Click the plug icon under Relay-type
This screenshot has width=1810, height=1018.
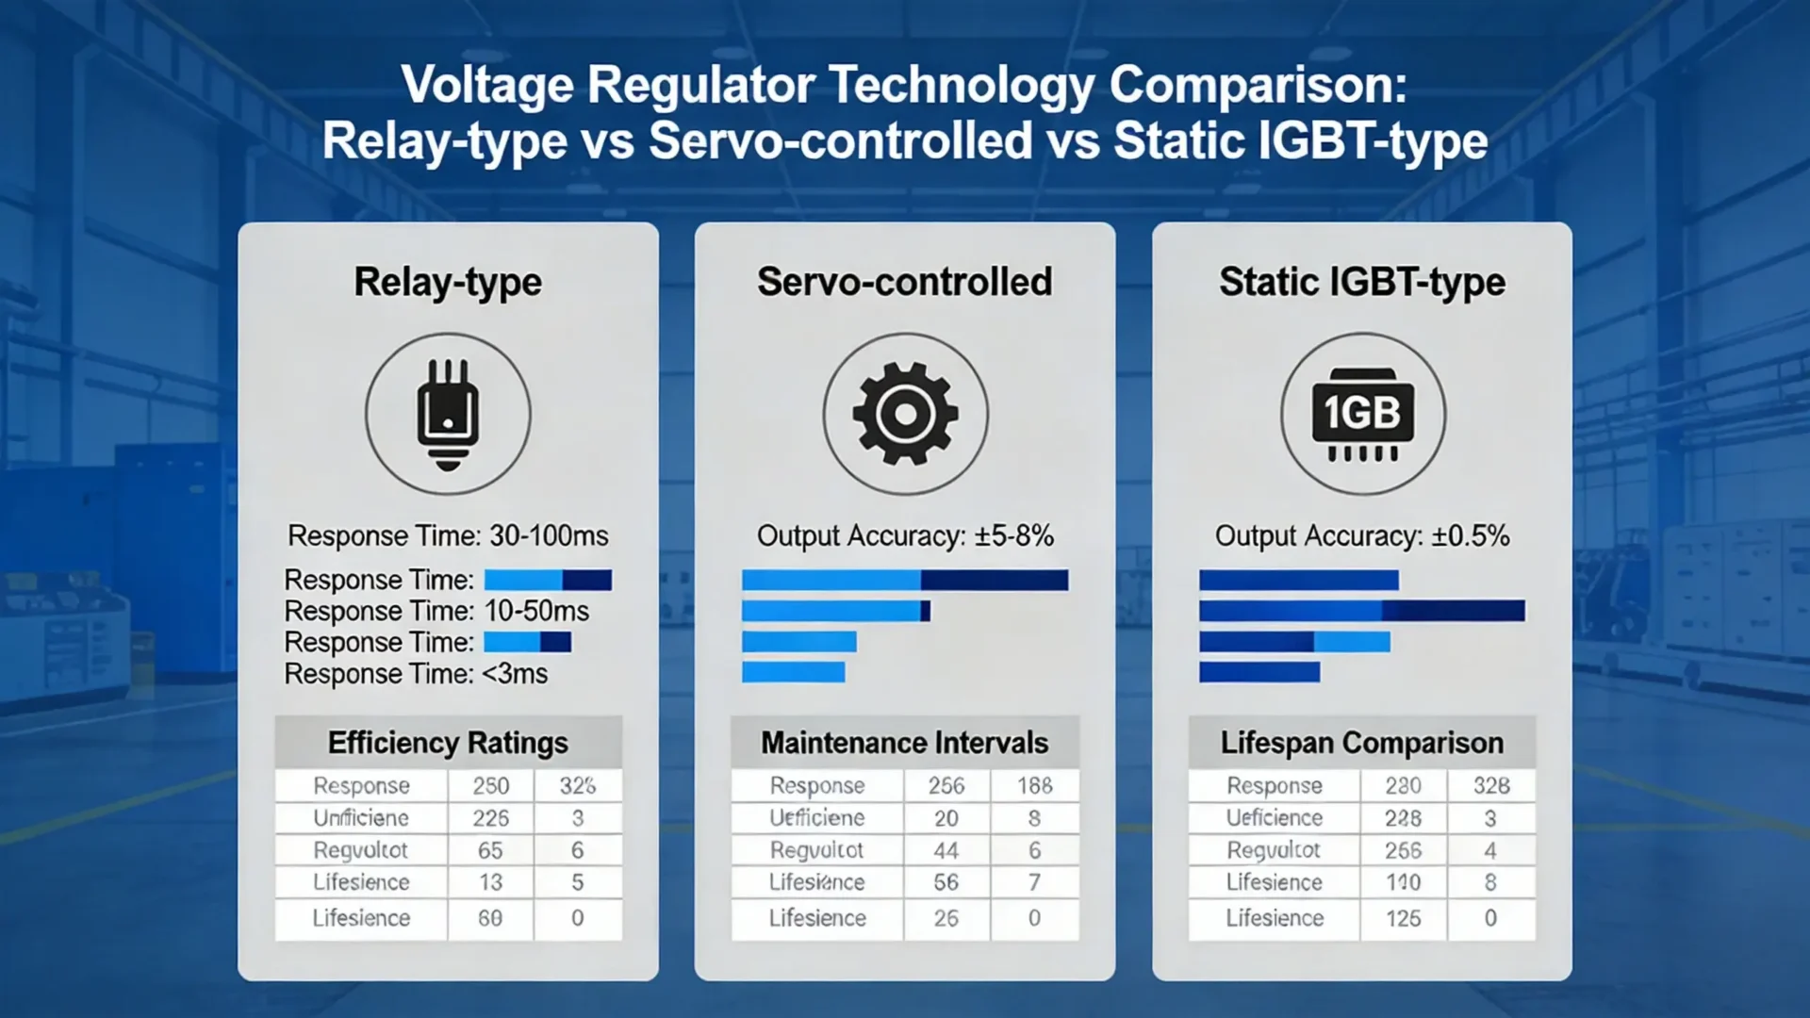click(x=448, y=415)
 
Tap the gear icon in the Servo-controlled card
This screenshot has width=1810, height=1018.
click(x=905, y=415)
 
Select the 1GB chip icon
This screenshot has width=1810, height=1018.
click(x=1362, y=415)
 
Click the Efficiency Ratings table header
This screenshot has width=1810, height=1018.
click(x=448, y=743)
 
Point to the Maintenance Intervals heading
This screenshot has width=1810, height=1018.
click(x=905, y=743)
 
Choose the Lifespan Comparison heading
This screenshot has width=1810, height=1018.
click(x=1362, y=743)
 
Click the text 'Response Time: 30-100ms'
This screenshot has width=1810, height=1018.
click(x=448, y=535)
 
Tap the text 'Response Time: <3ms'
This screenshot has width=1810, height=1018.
click(x=416, y=674)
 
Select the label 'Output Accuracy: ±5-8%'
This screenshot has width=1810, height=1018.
click(x=905, y=535)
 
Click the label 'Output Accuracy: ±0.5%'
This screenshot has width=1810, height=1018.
click(x=1362, y=535)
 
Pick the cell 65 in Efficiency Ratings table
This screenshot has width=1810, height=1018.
click(x=490, y=850)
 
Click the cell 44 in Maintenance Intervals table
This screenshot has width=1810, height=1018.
click(x=946, y=850)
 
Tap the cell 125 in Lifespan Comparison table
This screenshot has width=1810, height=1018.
click(x=1403, y=918)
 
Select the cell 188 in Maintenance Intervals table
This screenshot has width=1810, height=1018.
click(x=1034, y=785)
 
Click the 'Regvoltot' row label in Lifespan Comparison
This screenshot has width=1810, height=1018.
click(x=1274, y=850)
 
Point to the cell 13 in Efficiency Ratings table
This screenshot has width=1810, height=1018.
click(x=490, y=882)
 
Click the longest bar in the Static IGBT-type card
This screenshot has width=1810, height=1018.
click(x=1361, y=611)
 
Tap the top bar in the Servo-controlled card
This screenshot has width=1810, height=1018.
click(x=905, y=580)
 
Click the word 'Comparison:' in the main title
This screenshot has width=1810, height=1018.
click(x=1258, y=85)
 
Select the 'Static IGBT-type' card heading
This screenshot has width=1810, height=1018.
click(x=1362, y=282)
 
